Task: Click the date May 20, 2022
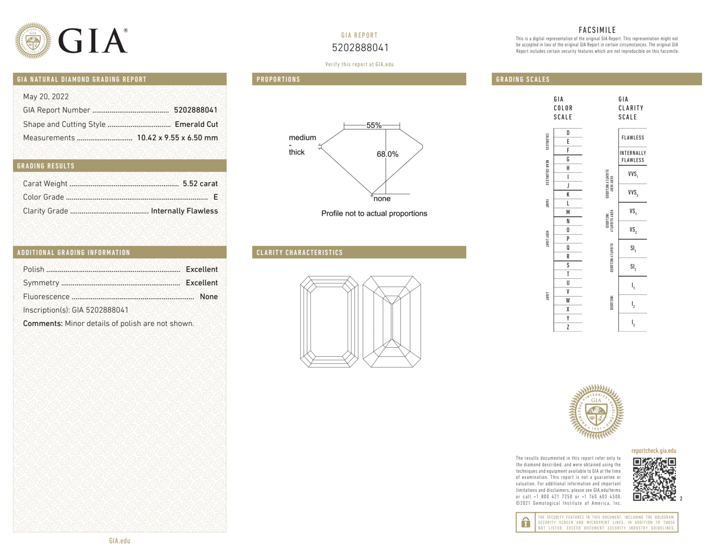click(x=46, y=96)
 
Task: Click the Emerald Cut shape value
click(x=196, y=124)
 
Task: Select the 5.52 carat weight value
click(x=200, y=184)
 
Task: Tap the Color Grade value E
click(x=215, y=197)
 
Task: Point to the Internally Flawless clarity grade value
click(x=184, y=211)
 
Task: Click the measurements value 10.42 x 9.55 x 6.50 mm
click(x=177, y=138)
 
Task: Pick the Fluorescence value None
click(x=209, y=297)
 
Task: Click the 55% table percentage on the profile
click(x=374, y=125)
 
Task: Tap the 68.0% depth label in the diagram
click(x=387, y=154)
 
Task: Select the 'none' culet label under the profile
click(x=382, y=199)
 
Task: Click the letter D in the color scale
click(x=568, y=133)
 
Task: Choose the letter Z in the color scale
click(x=568, y=327)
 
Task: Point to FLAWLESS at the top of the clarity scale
click(x=632, y=138)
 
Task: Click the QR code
click(x=654, y=479)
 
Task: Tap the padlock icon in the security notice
click(x=525, y=522)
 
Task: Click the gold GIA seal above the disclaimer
click(x=596, y=412)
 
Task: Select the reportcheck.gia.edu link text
click(x=654, y=451)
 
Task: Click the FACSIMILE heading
click(x=597, y=30)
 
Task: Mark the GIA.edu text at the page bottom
click(x=120, y=541)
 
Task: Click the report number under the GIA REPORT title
click(x=360, y=47)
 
